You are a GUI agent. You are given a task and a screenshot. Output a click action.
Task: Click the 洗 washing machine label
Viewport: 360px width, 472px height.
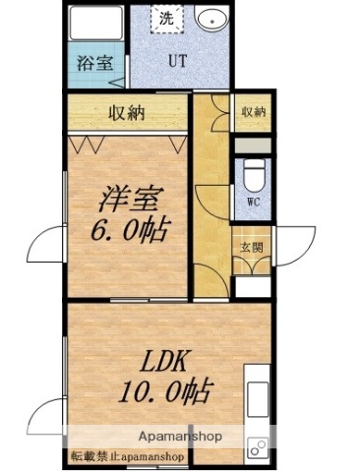click(x=166, y=18)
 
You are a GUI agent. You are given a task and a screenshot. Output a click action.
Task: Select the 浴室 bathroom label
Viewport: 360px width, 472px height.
click(x=95, y=66)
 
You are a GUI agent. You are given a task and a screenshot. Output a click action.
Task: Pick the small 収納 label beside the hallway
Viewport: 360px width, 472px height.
click(x=252, y=112)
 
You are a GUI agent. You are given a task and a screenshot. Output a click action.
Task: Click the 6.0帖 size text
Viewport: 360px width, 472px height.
click(x=130, y=233)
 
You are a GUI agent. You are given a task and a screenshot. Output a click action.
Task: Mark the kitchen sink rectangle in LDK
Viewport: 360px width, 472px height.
click(x=256, y=398)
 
